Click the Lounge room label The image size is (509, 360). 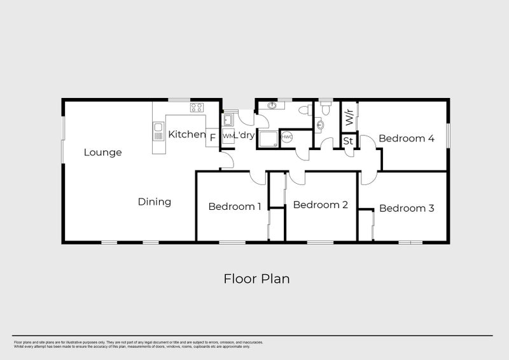click(x=102, y=153)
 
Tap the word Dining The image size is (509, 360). click(x=155, y=202)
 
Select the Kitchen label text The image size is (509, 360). click(x=186, y=135)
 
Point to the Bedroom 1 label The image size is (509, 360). click(x=235, y=206)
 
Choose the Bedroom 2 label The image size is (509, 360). click(x=320, y=205)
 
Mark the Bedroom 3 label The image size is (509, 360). click(x=407, y=208)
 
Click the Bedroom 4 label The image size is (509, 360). click(x=407, y=138)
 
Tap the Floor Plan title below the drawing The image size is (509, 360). click(x=257, y=279)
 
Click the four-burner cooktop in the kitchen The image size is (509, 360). click(x=197, y=107)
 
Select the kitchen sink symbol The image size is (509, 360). click(x=158, y=132)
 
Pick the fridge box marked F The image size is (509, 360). click(x=213, y=136)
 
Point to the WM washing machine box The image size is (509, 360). click(x=228, y=137)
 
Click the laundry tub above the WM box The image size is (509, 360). click(x=228, y=118)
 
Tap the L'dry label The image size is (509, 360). click(x=245, y=136)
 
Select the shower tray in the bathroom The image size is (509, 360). click(x=267, y=138)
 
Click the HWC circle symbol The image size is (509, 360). click(x=287, y=137)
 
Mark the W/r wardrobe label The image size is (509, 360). click(x=349, y=117)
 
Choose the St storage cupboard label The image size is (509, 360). click(x=348, y=141)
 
